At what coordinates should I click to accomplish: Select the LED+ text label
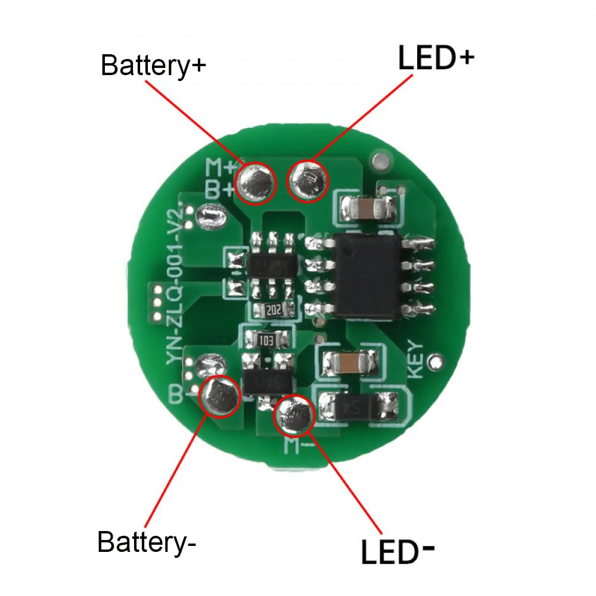(436, 59)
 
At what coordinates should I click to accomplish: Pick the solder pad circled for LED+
(308, 181)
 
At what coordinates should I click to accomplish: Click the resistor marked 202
(274, 310)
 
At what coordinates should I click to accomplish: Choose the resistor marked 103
(267, 341)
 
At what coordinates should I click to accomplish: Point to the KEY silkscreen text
(415, 359)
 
